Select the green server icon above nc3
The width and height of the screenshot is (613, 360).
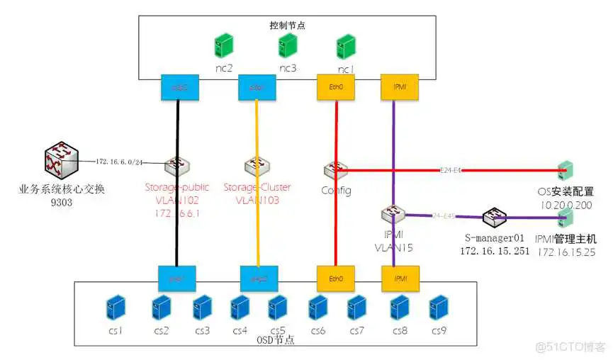287,45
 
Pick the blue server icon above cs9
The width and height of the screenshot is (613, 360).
438,308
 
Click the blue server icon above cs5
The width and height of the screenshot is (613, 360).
278,308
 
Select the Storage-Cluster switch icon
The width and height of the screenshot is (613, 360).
254,166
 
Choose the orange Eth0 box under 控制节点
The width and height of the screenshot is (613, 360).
335,87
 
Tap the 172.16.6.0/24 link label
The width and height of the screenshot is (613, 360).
120,162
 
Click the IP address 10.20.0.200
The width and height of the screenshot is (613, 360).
566,204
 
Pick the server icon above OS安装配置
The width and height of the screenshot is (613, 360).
565,171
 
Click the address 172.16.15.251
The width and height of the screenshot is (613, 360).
495,251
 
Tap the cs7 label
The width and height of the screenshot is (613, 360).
356,330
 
